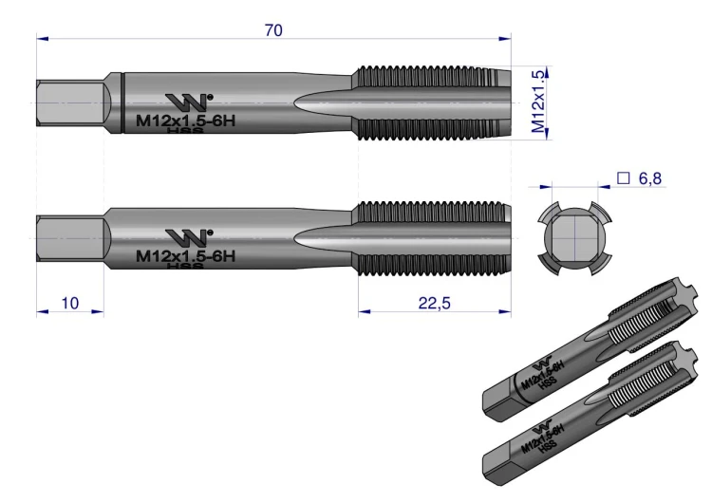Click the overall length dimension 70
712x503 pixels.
click(x=273, y=30)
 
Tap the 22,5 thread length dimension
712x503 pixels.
click(x=434, y=303)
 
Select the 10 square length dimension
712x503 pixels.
click(x=70, y=303)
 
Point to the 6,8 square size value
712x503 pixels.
click(x=649, y=178)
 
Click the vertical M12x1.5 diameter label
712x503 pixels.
click(x=537, y=102)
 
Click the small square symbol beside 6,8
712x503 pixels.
click(x=624, y=178)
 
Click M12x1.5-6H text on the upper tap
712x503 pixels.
click(x=186, y=121)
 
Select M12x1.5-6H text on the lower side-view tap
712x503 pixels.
click(x=186, y=256)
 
